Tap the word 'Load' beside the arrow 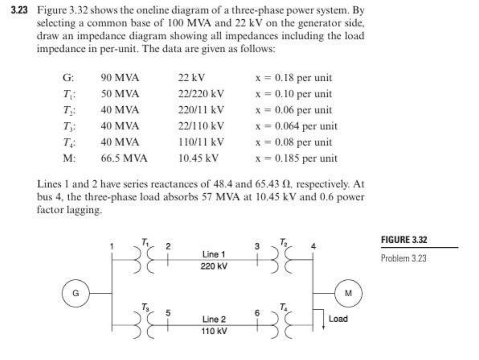click(338, 319)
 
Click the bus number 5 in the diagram click(169, 312)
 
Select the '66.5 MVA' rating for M click(124, 158)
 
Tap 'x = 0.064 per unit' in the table click(296, 126)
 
